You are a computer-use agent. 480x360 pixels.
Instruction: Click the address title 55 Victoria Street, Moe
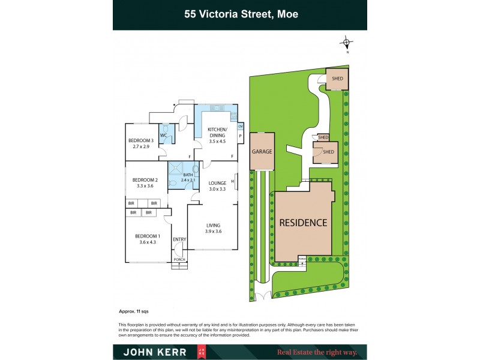click(x=241, y=14)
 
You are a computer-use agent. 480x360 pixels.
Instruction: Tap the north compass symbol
click(x=346, y=43)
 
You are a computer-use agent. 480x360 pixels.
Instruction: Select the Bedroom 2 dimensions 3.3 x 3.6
click(x=145, y=186)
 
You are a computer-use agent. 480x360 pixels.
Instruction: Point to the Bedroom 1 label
click(x=147, y=236)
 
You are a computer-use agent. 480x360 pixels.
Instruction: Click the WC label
click(x=163, y=136)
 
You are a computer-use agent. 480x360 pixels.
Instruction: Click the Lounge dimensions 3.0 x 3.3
click(x=217, y=190)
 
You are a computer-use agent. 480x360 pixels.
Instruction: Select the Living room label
click(x=214, y=225)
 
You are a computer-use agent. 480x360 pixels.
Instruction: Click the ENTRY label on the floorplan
click(x=179, y=239)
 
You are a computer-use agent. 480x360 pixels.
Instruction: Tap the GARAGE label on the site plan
click(x=262, y=152)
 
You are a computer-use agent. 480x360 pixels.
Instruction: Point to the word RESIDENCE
click(x=303, y=223)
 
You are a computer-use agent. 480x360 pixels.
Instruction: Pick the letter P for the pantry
click(x=241, y=136)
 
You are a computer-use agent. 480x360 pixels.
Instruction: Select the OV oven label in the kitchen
click(x=241, y=126)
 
